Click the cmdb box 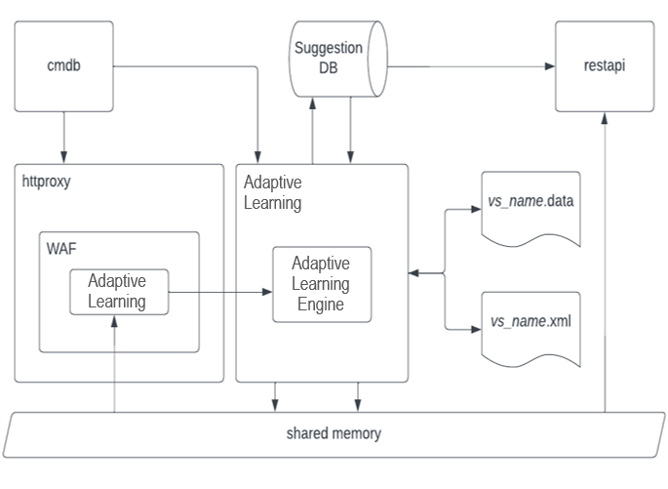point(63,66)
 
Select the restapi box point(604,66)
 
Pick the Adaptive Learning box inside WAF point(117,291)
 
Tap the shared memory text point(333,433)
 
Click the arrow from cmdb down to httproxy point(63,137)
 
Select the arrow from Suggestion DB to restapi point(468,66)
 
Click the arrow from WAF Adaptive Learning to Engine point(219,291)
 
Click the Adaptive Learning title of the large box point(272,193)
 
